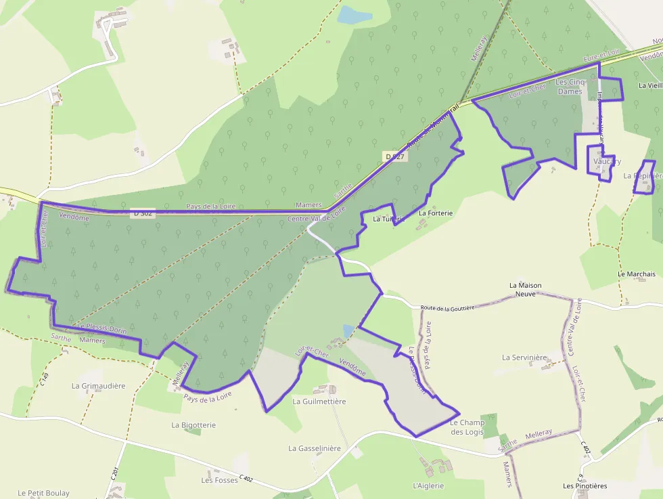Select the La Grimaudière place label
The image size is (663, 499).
point(99,386)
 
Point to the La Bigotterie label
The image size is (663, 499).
point(193,425)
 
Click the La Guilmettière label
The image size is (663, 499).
point(319,402)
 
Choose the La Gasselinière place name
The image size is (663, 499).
point(315,448)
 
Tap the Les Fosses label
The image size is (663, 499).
point(220,480)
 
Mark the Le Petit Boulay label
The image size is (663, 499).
point(44,493)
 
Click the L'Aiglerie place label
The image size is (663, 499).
point(428,485)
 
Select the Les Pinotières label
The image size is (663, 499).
point(585,485)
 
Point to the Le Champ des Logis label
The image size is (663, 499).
point(467,427)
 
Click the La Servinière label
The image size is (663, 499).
point(524,357)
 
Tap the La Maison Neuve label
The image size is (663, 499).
point(525,290)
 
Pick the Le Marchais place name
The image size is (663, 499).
point(637,274)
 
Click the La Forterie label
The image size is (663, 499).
point(435,213)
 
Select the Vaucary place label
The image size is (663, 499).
point(607,162)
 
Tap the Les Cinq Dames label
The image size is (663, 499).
point(569,87)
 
